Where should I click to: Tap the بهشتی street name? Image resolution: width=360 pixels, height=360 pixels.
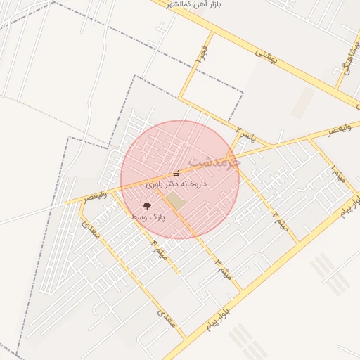[266, 57]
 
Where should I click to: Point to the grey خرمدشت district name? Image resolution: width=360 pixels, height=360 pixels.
[215, 161]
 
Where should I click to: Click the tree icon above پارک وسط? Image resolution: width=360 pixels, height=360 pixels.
[147, 206]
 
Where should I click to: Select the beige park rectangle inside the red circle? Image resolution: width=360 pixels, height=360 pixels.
[175, 200]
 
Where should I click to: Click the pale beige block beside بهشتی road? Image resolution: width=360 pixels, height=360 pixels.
[303, 103]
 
